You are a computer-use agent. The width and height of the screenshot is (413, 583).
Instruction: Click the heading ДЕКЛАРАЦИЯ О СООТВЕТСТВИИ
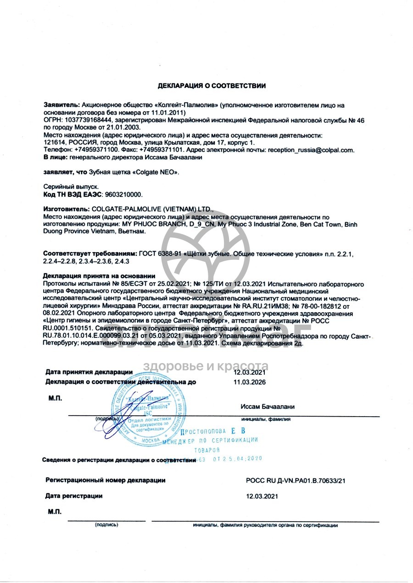pos(212,86)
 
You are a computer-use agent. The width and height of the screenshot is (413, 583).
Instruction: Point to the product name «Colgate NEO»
pos(156,172)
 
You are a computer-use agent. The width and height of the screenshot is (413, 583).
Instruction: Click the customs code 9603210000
pos(121,194)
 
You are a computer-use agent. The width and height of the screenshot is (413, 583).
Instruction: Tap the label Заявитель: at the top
pos(61,105)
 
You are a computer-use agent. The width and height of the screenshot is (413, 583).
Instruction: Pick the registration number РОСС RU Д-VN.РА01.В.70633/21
pos(295,480)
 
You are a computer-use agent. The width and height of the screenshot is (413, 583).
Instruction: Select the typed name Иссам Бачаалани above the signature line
pos(267,407)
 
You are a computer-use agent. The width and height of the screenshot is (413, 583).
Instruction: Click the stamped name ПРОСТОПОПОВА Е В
pos(213,431)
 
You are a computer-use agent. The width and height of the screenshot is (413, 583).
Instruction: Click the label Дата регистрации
pos(74,496)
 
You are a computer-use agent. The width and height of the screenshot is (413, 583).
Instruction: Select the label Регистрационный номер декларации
pos(106,480)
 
